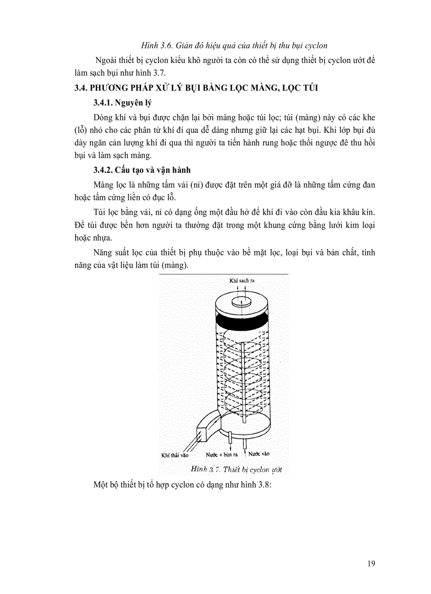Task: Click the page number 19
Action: tap(371, 563)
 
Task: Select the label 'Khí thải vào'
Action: tap(175, 454)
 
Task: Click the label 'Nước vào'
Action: tap(259, 454)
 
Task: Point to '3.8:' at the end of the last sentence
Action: tap(263, 485)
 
